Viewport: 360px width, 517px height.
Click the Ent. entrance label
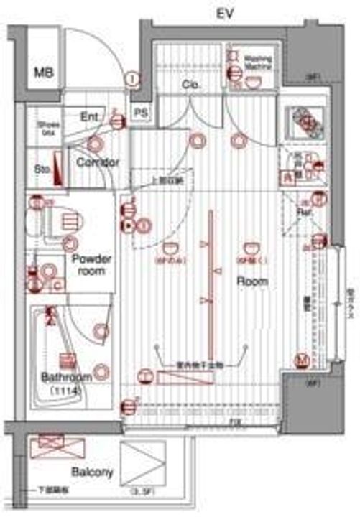click(89, 117)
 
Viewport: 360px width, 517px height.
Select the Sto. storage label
click(41, 169)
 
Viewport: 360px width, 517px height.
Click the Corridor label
click(96, 162)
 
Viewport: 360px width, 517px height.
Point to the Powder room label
click(91, 265)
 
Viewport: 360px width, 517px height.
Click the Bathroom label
click(65, 377)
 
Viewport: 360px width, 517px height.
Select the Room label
click(251, 281)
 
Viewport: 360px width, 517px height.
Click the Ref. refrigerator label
click(304, 212)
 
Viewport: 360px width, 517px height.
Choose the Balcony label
click(92, 472)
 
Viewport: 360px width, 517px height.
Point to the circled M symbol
click(303, 359)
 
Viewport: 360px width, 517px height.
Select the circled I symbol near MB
click(133, 79)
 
